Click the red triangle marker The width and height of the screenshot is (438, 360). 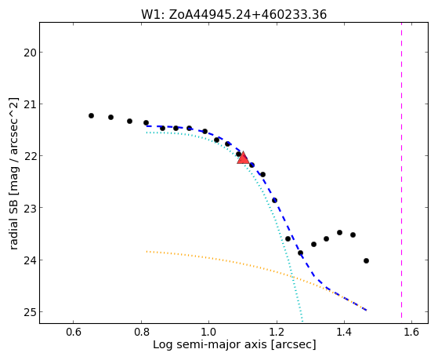(x=243, y=158)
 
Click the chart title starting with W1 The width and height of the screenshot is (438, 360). (x=233, y=15)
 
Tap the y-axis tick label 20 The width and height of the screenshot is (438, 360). (x=30, y=53)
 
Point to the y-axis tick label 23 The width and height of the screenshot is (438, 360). (x=30, y=208)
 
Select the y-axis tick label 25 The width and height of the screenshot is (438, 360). (x=30, y=312)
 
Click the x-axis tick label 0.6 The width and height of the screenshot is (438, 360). (x=73, y=332)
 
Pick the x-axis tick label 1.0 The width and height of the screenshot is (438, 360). (x=208, y=332)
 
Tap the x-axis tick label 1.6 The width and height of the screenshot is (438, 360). (x=411, y=332)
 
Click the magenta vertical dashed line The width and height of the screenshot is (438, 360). (x=402, y=170)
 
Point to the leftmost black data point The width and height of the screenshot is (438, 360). (x=91, y=115)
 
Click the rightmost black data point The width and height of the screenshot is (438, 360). (x=366, y=260)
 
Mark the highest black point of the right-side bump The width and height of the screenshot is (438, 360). (x=340, y=232)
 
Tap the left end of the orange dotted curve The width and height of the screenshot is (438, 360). (x=147, y=252)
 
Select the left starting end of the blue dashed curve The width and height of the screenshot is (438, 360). (x=147, y=126)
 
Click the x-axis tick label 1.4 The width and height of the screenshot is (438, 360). (x=344, y=332)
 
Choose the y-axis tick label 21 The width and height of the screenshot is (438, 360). (x=30, y=104)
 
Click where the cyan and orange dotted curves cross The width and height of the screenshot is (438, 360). (x=291, y=276)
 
